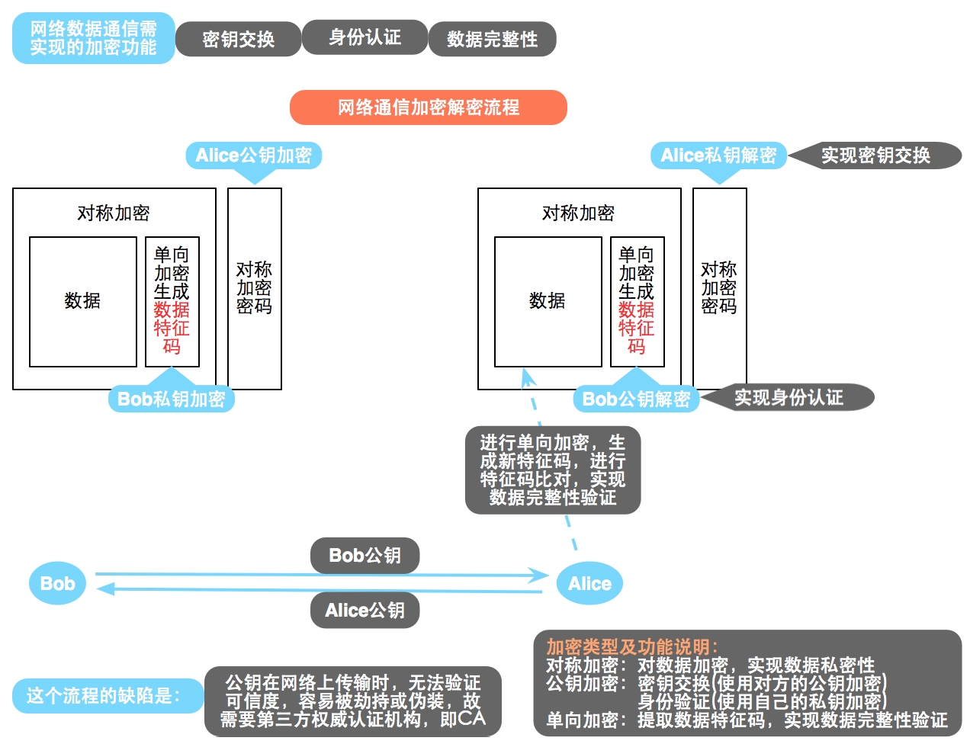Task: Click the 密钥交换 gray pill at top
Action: point(238,39)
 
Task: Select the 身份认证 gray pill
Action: point(365,37)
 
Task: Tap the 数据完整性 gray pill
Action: point(492,39)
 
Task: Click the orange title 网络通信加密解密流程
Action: point(428,107)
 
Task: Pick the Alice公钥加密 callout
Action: point(253,156)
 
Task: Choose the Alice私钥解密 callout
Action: point(718,156)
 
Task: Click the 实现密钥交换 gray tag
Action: point(875,156)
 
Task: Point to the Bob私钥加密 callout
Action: point(171,399)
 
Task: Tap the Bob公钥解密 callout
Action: point(636,399)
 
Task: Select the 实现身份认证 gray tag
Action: point(789,397)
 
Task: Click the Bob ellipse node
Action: point(57,584)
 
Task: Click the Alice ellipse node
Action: point(589,584)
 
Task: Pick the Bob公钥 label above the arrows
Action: point(365,556)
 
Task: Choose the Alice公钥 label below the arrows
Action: point(365,611)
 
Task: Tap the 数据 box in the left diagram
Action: point(82,301)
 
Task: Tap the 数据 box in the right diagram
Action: point(548,301)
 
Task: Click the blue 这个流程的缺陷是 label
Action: point(104,696)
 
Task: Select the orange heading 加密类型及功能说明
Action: point(631,647)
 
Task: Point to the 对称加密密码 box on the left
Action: point(254,288)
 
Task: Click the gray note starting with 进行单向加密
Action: point(552,470)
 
